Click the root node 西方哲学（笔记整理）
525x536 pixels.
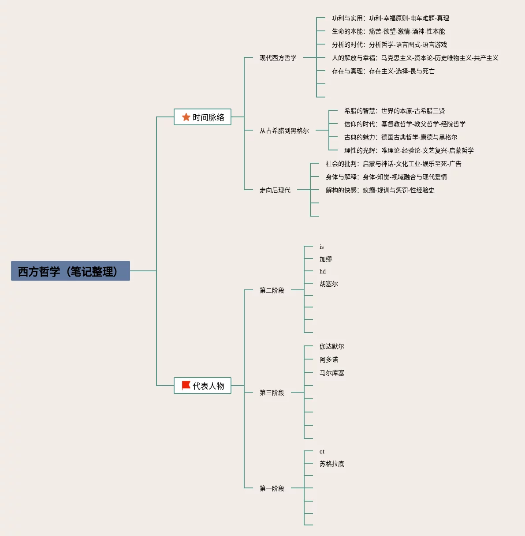tap(71, 271)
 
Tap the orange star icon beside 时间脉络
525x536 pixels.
tap(186, 117)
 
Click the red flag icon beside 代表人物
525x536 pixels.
tap(186, 386)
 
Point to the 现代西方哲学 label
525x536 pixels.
tap(278, 58)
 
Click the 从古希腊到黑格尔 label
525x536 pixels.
tap(284, 131)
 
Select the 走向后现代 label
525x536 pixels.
tap(275, 190)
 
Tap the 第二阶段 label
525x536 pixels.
tap(272, 290)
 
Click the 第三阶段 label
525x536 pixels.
tap(272, 393)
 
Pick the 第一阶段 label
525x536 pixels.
tap(272, 488)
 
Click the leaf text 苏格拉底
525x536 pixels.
tap(331, 464)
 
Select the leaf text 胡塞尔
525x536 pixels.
tap(328, 284)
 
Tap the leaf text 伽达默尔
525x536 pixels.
tap(331, 346)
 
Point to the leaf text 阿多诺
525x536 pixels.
tap(328, 360)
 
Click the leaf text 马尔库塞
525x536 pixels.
tap(331, 373)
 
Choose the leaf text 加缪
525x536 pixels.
tap(325, 259)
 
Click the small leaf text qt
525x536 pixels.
tap(322, 451)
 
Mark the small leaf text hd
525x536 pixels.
tap(322, 271)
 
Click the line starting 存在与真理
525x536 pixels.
tap(383, 71)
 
